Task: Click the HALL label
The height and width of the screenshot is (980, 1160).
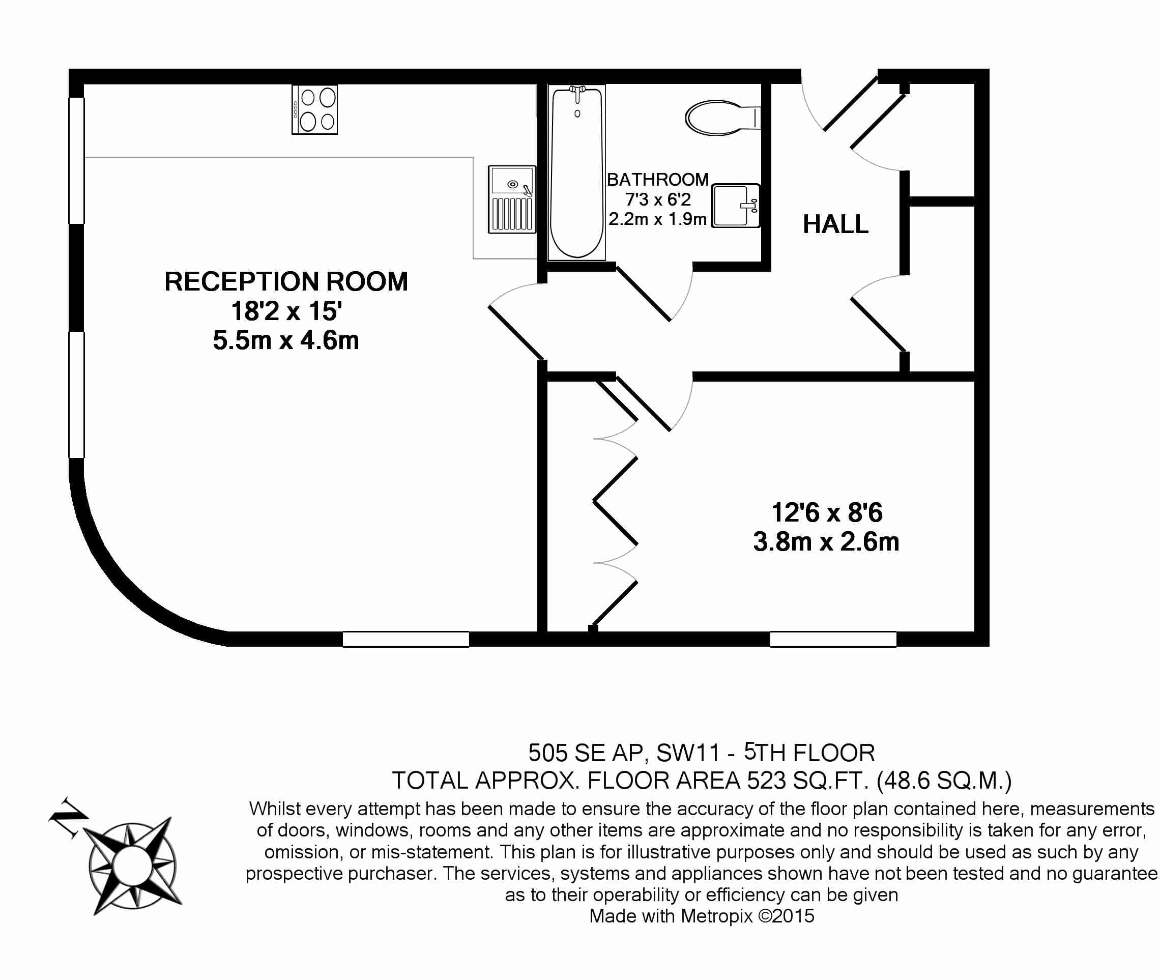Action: point(835,224)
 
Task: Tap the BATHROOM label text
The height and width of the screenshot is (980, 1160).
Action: point(658,180)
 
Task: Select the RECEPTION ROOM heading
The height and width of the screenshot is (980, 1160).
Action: point(286,282)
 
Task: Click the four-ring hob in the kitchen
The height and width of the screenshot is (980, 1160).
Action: point(314,109)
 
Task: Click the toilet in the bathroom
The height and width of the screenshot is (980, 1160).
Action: point(723,118)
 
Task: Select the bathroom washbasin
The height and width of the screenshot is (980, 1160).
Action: point(736,206)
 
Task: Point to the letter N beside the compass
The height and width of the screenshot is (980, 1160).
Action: point(68,818)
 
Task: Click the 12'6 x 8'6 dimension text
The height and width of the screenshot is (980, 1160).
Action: point(827,512)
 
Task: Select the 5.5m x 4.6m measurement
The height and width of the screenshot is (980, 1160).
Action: point(286,340)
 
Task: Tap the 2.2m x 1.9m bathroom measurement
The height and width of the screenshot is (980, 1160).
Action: point(658,219)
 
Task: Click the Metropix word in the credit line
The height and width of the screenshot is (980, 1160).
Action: point(717,916)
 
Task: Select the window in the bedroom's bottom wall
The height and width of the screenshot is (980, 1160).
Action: point(833,640)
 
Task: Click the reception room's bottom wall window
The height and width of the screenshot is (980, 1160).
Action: point(406,640)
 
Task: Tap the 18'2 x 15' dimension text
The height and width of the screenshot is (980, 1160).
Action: point(286,311)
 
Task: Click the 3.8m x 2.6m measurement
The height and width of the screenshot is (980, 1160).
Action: point(827,542)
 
